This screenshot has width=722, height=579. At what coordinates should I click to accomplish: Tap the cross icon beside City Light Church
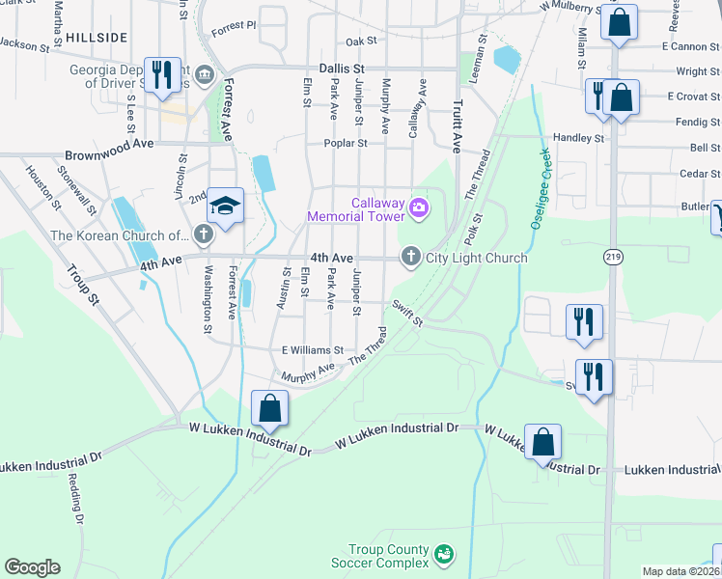[411, 257]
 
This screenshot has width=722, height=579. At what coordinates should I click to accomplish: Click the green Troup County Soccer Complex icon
[443, 554]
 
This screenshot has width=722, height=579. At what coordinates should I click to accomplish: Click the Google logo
[32, 567]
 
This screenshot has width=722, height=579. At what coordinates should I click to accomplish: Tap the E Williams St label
[312, 350]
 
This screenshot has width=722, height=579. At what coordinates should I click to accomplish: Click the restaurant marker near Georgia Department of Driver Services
[160, 74]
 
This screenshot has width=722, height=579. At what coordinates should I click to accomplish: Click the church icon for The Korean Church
[203, 234]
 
